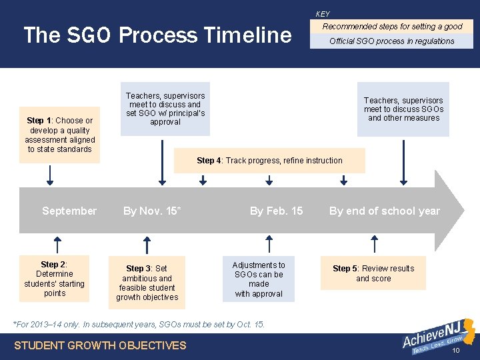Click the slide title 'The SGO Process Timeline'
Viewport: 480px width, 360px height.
click(157, 35)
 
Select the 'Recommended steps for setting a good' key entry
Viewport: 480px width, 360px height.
click(392, 27)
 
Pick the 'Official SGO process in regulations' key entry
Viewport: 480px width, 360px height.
click(392, 41)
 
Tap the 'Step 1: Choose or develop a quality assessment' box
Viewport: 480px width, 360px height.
click(60, 135)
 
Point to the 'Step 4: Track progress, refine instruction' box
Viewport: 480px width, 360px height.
click(269, 161)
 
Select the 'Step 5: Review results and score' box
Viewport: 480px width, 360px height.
click(373, 273)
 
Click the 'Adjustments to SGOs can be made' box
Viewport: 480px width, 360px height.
click(259, 279)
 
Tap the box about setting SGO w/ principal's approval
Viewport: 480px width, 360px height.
click(165, 109)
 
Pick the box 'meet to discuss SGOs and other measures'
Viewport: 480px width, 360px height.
click(403, 109)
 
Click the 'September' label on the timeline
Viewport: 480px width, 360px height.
click(69, 211)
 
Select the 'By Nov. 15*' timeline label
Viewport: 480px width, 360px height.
click(152, 211)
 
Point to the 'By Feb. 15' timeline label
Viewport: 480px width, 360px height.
click(276, 211)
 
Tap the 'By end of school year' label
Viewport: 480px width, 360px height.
click(385, 211)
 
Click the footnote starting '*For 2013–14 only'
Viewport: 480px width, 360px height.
click(139, 325)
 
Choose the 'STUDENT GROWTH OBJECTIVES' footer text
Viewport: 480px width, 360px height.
click(101, 345)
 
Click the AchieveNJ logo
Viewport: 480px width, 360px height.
click(437, 337)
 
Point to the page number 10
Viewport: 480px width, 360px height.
click(456, 351)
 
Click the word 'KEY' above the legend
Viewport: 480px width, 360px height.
click(323, 14)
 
